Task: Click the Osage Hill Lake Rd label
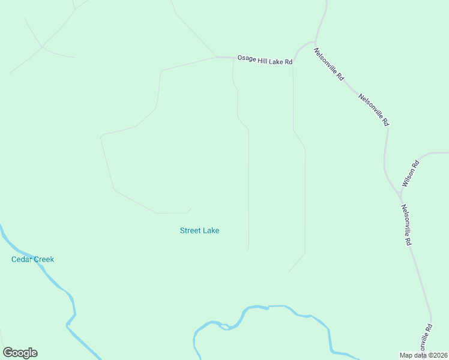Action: click(265, 61)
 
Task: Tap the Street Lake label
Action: click(199, 230)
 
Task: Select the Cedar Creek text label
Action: click(32, 259)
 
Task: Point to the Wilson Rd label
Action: click(410, 173)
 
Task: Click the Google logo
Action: click(20, 353)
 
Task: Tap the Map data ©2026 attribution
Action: click(423, 355)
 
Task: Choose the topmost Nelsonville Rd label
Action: click(329, 64)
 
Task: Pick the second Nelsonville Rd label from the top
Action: click(373, 109)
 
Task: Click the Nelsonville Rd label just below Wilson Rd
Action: click(406, 224)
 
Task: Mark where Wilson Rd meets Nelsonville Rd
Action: click(400, 194)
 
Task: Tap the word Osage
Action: click(247, 59)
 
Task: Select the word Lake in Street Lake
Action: click(211, 230)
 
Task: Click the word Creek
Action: click(44, 259)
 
